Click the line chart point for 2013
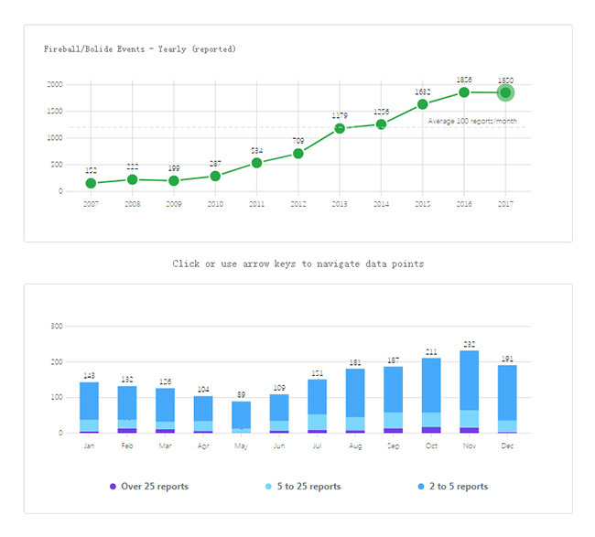(x=340, y=128)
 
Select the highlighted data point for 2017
(x=505, y=92)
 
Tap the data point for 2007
(x=91, y=183)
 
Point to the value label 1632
(x=422, y=92)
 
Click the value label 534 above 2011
(x=256, y=151)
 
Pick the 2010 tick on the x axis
(x=215, y=204)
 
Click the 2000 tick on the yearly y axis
(x=54, y=84)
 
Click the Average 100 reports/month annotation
(x=471, y=121)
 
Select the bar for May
(x=241, y=416)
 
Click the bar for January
(x=90, y=407)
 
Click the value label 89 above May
(x=241, y=394)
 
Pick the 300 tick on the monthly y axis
(x=56, y=326)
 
